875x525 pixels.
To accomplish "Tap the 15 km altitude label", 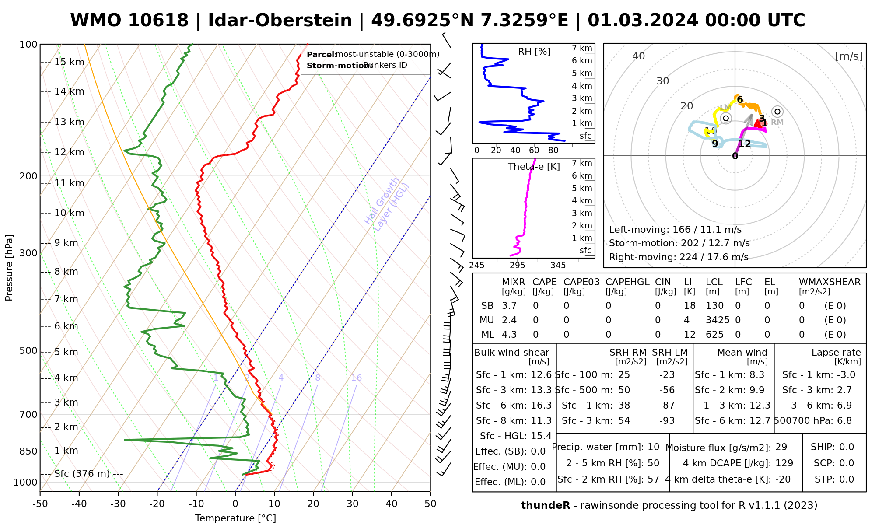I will pos(69,62).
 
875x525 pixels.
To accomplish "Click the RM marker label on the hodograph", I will pos(777,122).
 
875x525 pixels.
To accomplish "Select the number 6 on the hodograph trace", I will pos(740,100).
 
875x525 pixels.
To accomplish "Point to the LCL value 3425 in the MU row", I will pos(717,320).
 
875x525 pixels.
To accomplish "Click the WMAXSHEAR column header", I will pos(829,282).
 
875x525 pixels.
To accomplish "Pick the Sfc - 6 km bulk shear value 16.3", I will pos(541,406).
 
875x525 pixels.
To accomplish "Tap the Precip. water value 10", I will pos(653,447).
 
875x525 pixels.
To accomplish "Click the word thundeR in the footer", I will pos(545,506).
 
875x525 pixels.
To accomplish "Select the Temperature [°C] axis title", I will pos(235,518).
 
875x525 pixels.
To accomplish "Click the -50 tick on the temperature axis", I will pos(40,504).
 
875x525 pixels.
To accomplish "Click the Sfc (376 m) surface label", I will pos(82,474).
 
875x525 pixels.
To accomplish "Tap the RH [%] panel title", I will pos(534,52).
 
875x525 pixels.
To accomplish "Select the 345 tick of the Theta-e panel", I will pos(558,266).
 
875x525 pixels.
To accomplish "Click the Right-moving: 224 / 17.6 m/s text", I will pos(679,257).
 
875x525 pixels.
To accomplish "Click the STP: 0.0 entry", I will pos(834,479).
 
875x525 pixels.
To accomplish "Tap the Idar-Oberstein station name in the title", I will pos(280,21).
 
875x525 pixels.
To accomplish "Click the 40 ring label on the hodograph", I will pos(638,56).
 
